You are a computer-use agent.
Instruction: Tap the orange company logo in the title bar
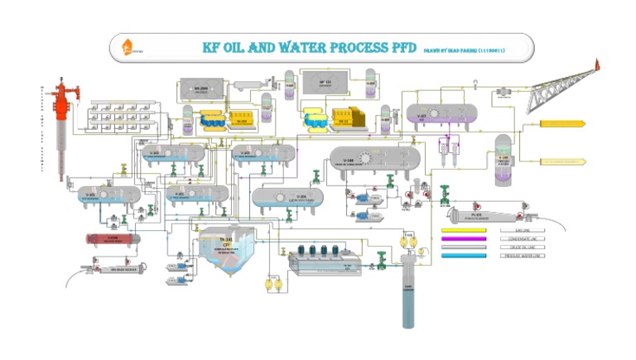(x=127, y=47)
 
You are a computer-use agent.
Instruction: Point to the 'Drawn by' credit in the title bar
(x=465, y=50)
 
